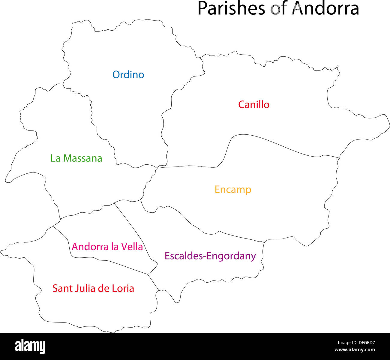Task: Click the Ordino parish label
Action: tap(128, 75)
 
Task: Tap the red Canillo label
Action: tap(254, 105)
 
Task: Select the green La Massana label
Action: tap(76, 158)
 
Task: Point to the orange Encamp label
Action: tap(233, 190)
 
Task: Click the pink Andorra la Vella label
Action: tap(107, 247)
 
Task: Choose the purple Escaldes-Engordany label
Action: tap(210, 256)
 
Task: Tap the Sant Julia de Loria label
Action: tap(93, 288)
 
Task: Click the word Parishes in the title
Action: tap(231, 8)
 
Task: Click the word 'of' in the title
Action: tap(279, 8)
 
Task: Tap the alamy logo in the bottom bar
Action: tap(30, 346)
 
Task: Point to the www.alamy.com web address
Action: tap(355, 350)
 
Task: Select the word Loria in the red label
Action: tap(123, 288)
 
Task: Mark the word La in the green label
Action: tap(55, 158)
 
